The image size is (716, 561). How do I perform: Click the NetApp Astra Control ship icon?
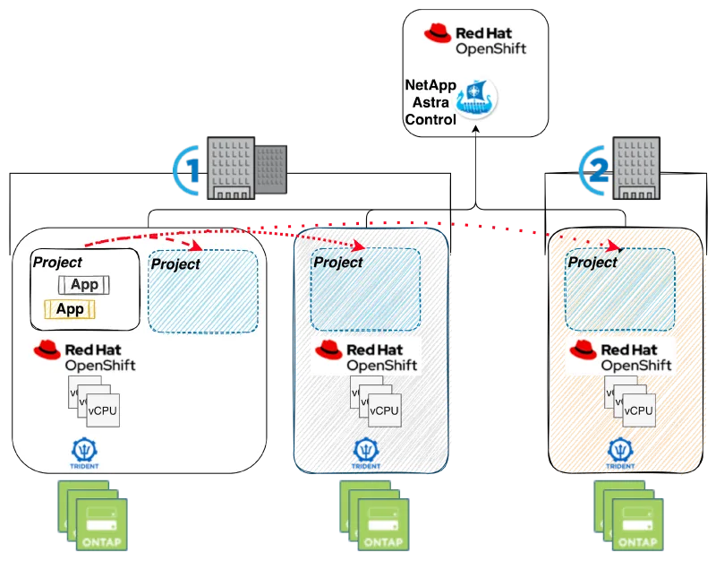click(475, 99)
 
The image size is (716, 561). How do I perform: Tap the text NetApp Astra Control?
click(432, 103)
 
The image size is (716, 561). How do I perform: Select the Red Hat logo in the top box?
click(438, 34)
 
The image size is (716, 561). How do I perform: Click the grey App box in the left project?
click(85, 285)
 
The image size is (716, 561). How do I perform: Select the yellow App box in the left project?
click(71, 309)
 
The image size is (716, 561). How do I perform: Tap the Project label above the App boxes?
click(57, 263)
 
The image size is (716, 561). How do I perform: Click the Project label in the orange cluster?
click(593, 263)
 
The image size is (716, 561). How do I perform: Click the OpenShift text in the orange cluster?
click(635, 365)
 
